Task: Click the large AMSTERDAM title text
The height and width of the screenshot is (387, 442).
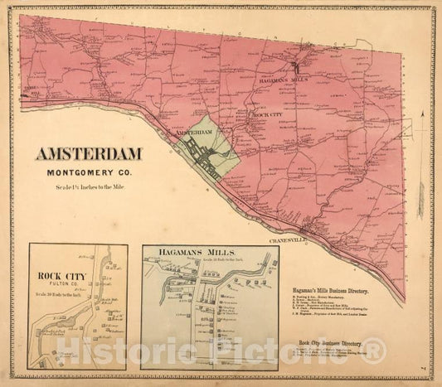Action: click(89, 153)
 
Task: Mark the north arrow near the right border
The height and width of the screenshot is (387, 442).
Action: click(421, 124)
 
